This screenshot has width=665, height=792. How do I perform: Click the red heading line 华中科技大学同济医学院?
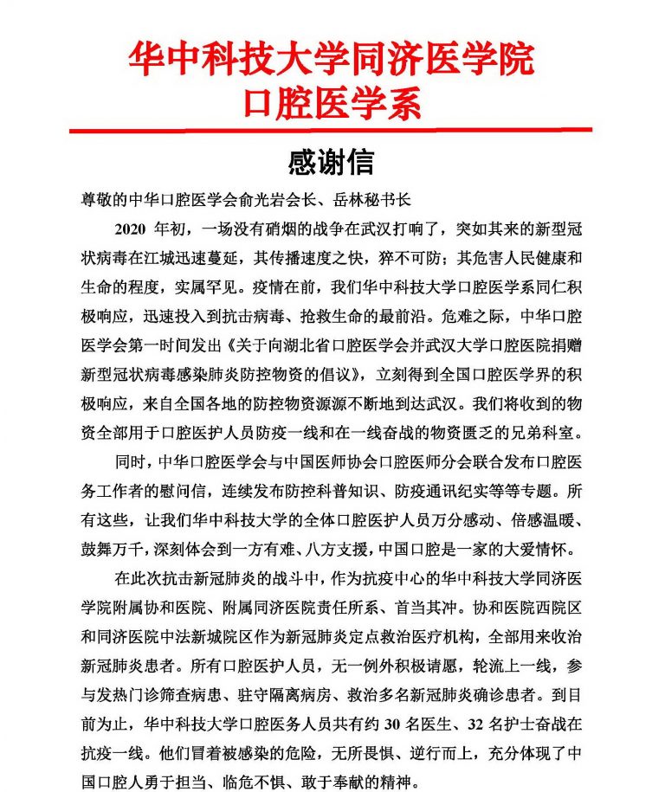pos(332,59)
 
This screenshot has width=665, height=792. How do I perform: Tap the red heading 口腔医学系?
pos(332,103)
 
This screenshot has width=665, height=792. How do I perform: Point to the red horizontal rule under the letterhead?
pos(332,130)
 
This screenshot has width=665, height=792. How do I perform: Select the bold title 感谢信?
pos(331,162)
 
